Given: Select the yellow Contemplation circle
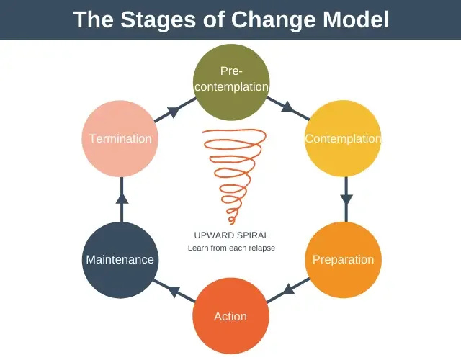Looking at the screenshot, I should coord(343,138).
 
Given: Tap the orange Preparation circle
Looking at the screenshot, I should coord(343,260).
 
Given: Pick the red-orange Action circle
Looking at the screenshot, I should coord(230,316).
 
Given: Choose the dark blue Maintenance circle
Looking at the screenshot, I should coord(120,259).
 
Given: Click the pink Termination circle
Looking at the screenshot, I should coord(120,138).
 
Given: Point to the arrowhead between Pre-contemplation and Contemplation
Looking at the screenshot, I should coord(287,108).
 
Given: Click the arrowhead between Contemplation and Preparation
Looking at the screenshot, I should coord(346,197).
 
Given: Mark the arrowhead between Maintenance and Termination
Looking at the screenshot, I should coord(121,197).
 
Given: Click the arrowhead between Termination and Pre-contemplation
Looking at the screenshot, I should coord(174,111).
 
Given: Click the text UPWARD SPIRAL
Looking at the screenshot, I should coord(231,235).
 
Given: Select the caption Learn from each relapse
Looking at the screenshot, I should coord(231,248).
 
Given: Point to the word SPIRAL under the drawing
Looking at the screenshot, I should coord(251,235).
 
